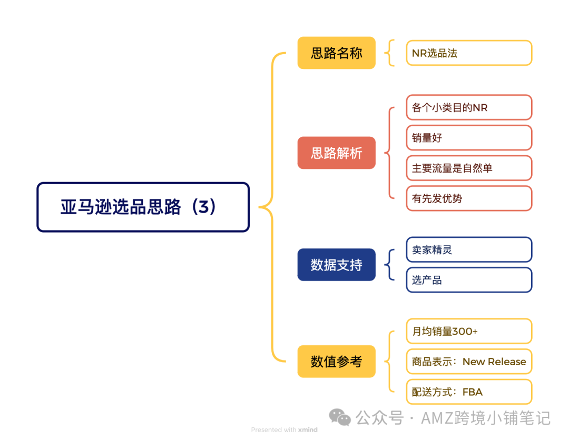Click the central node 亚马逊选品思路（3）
point(143,207)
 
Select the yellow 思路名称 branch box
point(336,53)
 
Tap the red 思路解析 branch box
point(336,153)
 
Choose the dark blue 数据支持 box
point(336,265)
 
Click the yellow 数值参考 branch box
point(336,362)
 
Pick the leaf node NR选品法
point(469,53)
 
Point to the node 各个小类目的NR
point(469,107)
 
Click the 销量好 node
point(469,138)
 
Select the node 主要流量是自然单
point(469,168)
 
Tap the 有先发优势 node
point(469,198)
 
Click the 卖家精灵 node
point(469,249)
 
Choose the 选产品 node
point(469,280)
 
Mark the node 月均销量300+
point(469,331)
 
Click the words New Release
point(494,362)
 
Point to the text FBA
point(473,392)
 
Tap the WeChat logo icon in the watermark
point(340,417)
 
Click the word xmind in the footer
point(308,430)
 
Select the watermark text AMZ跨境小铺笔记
point(486,418)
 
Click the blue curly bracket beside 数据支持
point(389,265)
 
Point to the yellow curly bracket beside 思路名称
point(389,53)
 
